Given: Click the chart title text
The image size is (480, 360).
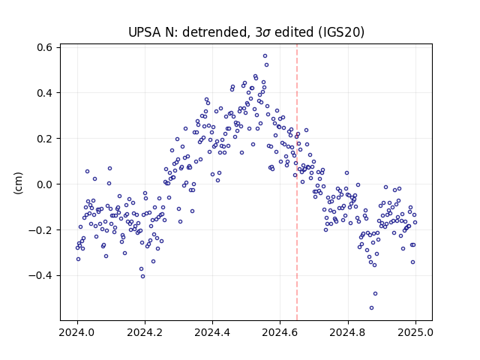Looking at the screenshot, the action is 246,32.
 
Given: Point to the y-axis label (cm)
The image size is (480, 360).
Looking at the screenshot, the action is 18,183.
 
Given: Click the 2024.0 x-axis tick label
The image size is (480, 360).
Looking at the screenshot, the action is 76,332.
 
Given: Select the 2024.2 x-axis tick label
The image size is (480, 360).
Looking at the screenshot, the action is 145,332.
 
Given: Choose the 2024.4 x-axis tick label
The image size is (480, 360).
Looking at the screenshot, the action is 212,332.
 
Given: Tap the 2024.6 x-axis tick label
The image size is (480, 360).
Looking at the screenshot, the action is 280,332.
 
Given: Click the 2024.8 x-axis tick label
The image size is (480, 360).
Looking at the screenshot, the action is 347,332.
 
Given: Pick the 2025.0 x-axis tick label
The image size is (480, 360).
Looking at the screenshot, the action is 415,332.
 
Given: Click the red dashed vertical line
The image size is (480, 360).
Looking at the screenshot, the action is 297,182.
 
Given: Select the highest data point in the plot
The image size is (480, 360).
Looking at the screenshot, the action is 265,55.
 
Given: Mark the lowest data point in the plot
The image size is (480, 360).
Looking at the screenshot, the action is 372,307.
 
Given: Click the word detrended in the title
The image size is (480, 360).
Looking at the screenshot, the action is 214,32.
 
